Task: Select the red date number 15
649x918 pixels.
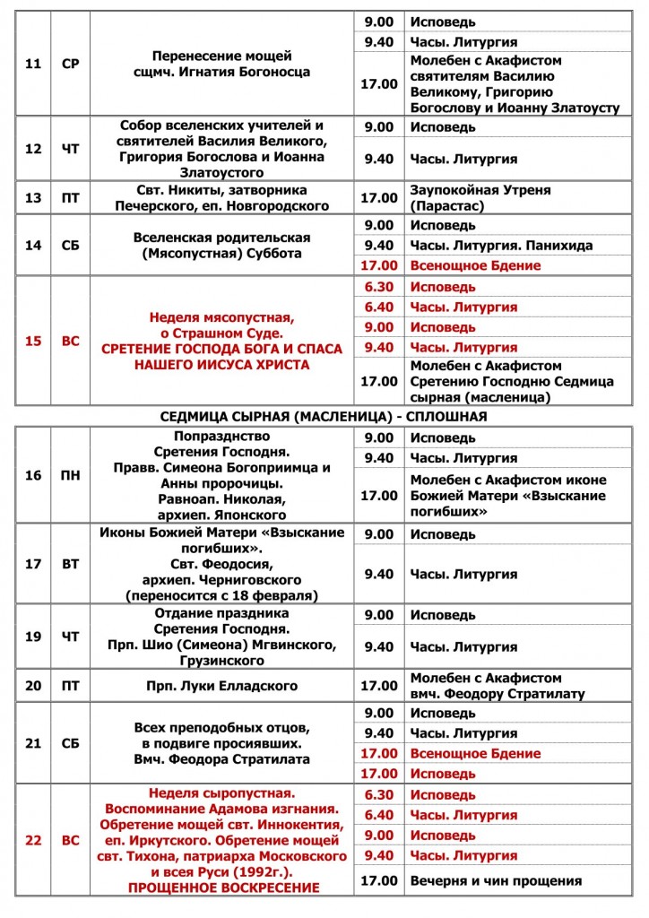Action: pos(33,341)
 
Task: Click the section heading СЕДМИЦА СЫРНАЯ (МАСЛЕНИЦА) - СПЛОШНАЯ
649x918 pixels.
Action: pos(324,417)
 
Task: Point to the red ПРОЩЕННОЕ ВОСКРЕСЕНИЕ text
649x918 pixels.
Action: pos(222,887)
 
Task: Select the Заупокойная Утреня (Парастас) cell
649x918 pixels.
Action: pos(480,198)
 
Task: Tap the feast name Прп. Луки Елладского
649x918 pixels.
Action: pos(221,687)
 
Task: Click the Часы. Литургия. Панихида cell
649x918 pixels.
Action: pos(502,246)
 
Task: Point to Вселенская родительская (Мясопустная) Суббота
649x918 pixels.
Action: pos(221,246)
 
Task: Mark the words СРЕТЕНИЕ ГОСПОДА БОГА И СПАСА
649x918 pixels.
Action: pos(221,349)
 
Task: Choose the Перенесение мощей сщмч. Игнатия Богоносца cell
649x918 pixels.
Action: pos(221,64)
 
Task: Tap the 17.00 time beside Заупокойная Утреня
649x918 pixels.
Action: pos(378,198)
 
